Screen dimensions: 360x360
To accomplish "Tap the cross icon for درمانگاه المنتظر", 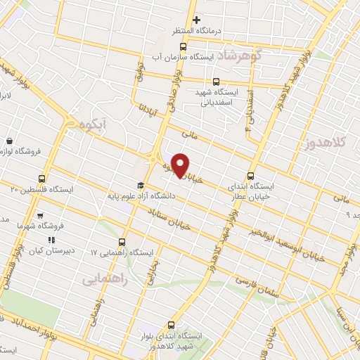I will (197, 20).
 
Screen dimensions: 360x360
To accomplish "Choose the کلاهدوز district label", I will (330, 143).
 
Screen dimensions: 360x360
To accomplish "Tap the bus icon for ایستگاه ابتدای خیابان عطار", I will (252, 176).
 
